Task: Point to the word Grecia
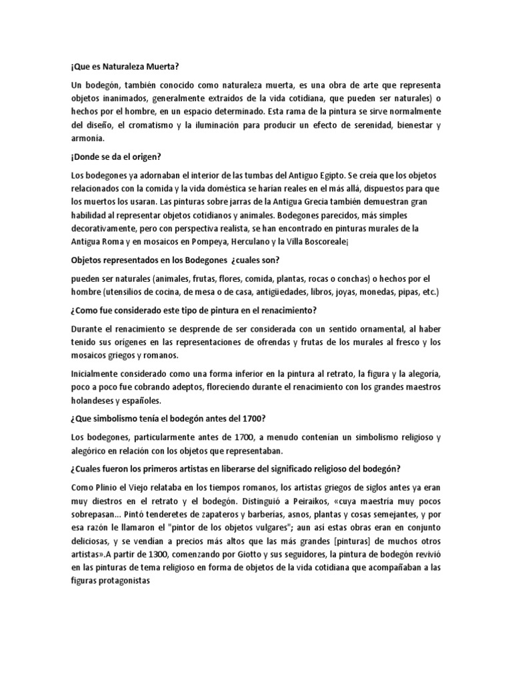coord(309,202)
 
